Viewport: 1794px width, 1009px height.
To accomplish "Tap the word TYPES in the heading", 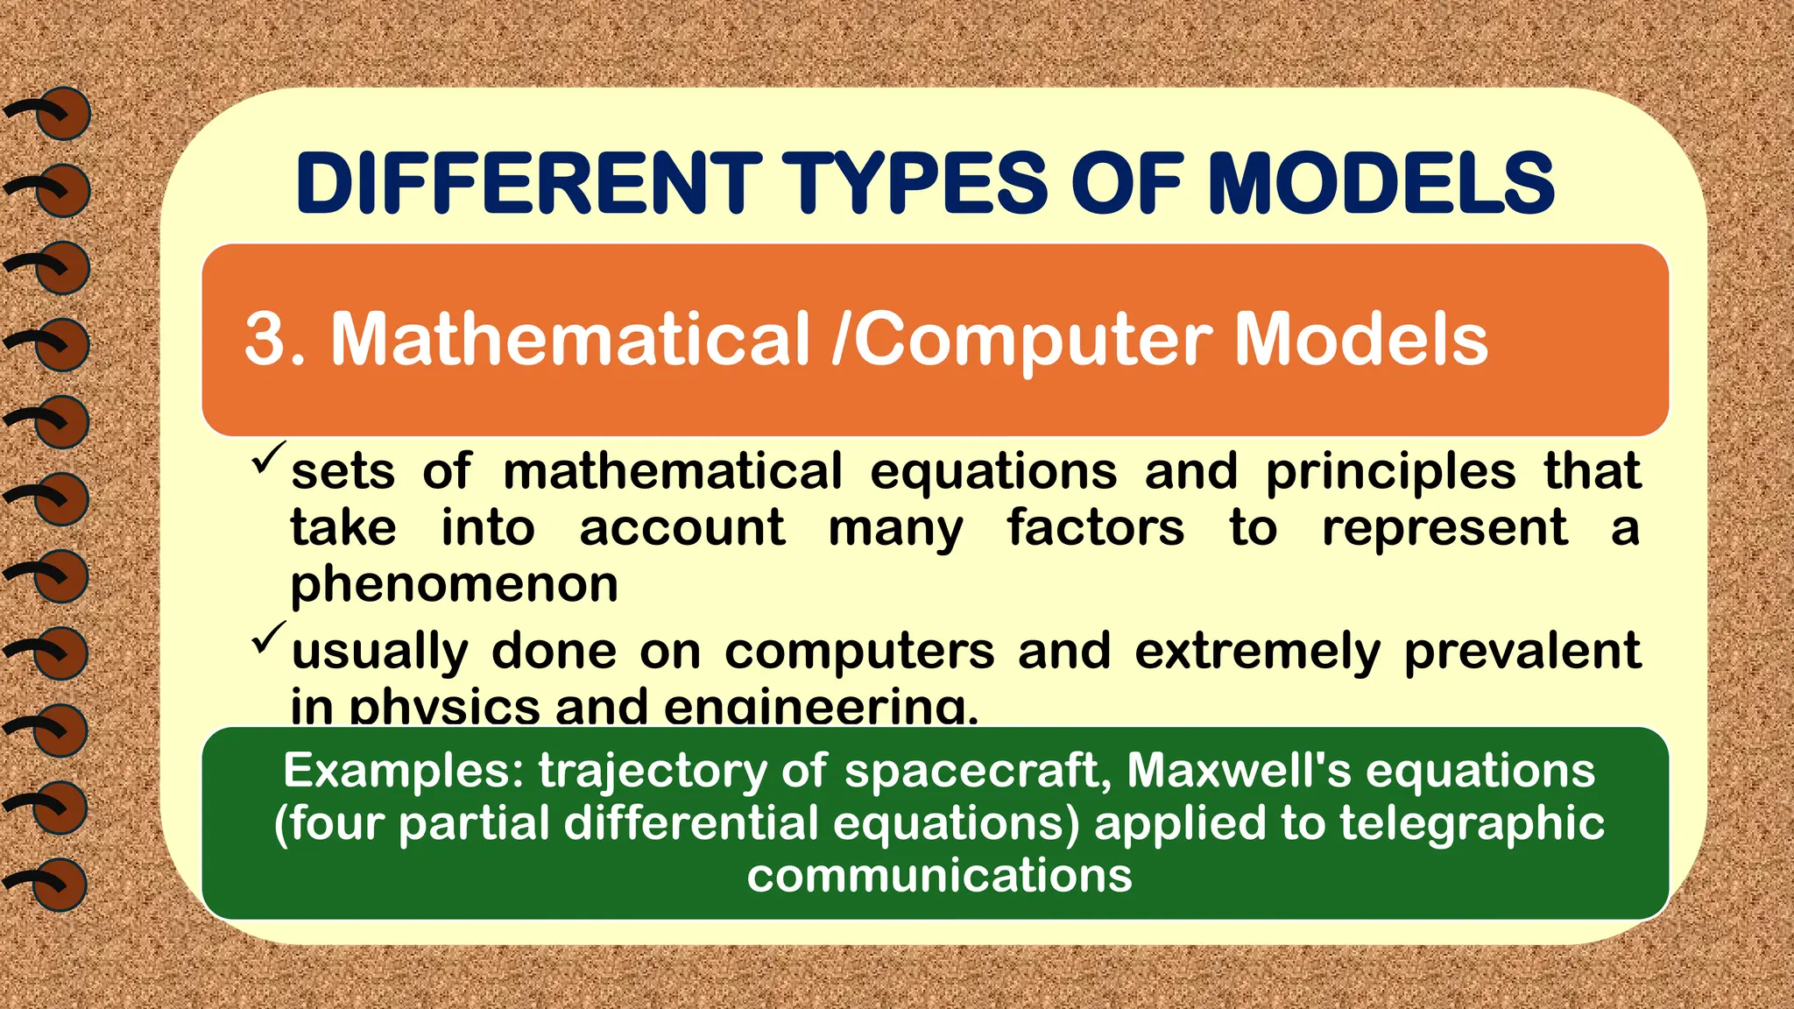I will [915, 184].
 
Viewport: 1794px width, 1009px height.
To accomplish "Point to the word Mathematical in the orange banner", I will [570, 340].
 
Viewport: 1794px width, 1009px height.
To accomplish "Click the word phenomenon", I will [455, 585].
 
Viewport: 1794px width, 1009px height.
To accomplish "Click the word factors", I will [1095, 529].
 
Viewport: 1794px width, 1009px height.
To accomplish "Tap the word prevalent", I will [1522, 652].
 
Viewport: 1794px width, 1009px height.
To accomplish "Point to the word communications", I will [939, 876].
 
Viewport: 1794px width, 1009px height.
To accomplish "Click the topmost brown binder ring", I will [62, 114].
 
